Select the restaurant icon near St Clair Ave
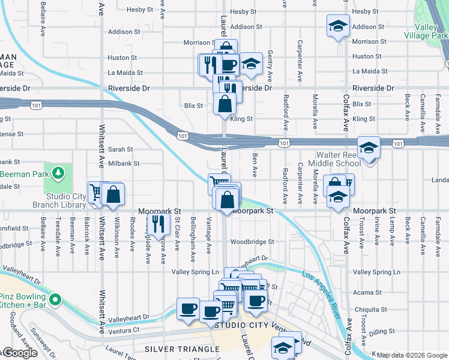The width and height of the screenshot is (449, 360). (x=158, y=224)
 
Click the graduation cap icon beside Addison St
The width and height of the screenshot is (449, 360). (x=338, y=26)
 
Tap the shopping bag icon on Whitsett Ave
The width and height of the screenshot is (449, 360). (x=113, y=194)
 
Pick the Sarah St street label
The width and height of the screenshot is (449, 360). (x=120, y=149)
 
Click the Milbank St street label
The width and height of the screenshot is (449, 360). (x=124, y=163)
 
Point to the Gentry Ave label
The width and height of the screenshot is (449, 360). (x=270, y=66)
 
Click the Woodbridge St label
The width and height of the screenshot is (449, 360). (x=252, y=242)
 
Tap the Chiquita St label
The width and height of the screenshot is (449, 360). (x=369, y=310)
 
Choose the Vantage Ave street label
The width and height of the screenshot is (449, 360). (x=208, y=229)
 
